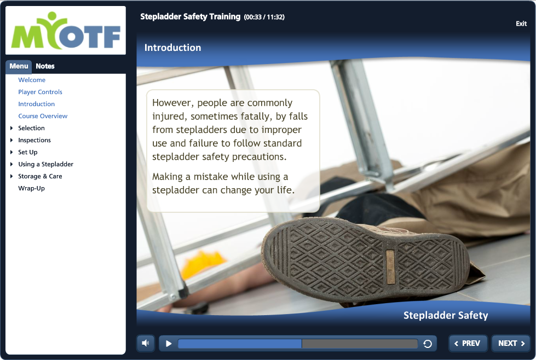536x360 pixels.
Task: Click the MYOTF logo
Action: pyautogui.click(x=66, y=31)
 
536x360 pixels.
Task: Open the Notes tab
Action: pyautogui.click(x=45, y=66)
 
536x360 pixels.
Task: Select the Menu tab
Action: pyautogui.click(x=19, y=66)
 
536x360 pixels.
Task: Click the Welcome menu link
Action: pyautogui.click(x=32, y=80)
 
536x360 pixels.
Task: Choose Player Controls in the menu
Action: pyautogui.click(x=40, y=92)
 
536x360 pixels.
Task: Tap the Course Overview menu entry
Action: pyautogui.click(x=43, y=116)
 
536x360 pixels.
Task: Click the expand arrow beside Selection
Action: pyautogui.click(x=11, y=128)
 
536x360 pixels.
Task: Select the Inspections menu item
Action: pyautogui.click(x=34, y=140)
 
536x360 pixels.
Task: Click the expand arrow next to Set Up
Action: pyautogui.click(x=11, y=152)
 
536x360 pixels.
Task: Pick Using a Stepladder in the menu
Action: pyautogui.click(x=45, y=164)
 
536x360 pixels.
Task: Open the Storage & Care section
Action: pyautogui.click(x=40, y=176)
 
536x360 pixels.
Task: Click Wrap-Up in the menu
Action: pyautogui.click(x=31, y=188)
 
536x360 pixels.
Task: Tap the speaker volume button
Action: pyautogui.click(x=146, y=343)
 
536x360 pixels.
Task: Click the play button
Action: pyautogui.click(x=169, y=344)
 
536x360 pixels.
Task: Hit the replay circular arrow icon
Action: pyautogui.click(x=428, y=344)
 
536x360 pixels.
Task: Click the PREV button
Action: pyautogui.click(x=468, y=343)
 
